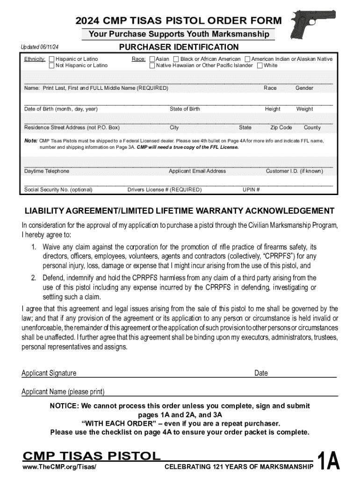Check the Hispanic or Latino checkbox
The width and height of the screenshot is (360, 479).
51,59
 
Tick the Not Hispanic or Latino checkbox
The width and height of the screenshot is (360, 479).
51,65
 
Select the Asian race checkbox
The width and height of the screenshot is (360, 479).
152,59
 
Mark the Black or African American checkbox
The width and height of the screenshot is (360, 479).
176,59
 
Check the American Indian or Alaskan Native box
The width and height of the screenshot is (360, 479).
247,59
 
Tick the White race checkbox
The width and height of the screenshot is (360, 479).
259,65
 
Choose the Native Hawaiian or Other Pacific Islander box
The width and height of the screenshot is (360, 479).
152,65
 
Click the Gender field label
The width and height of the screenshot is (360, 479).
304,88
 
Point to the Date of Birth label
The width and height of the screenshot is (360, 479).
61,109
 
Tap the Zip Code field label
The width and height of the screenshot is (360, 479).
281,127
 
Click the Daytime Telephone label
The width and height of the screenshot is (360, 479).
46,171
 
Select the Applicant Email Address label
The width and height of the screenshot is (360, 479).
197,171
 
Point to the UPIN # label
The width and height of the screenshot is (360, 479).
251,190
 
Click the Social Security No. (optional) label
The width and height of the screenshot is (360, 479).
58,190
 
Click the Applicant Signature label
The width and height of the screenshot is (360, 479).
49,373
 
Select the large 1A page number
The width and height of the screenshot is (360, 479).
328,461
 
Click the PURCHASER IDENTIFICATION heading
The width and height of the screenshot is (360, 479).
179,47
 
